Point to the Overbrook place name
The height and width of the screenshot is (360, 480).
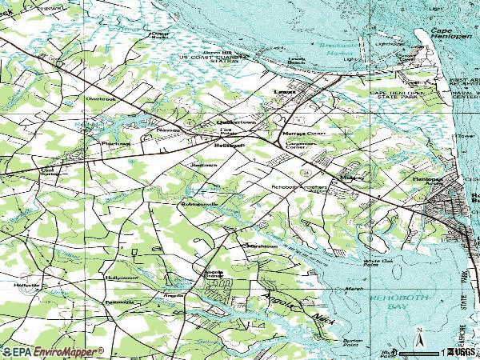click(101, 99)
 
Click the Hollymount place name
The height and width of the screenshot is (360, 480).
click(121, 277)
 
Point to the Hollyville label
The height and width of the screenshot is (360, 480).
click(26, 284)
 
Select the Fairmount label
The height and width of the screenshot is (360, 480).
click(121, 302)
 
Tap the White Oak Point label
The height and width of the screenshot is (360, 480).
click(378, 262)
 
